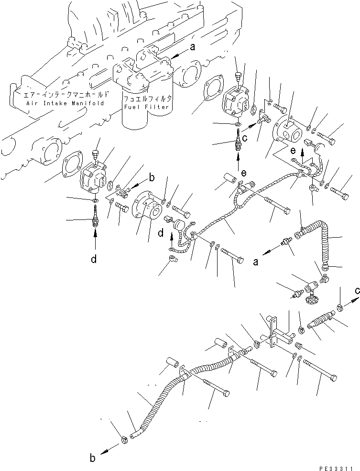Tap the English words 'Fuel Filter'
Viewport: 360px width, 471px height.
tap(146, 107)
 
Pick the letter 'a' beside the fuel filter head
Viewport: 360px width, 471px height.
tap(193, 47)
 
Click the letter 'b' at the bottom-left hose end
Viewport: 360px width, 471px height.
tap(93, 458)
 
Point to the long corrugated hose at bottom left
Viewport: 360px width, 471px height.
tap(158, 402)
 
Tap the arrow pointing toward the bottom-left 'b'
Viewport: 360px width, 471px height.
tap(109, 449)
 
